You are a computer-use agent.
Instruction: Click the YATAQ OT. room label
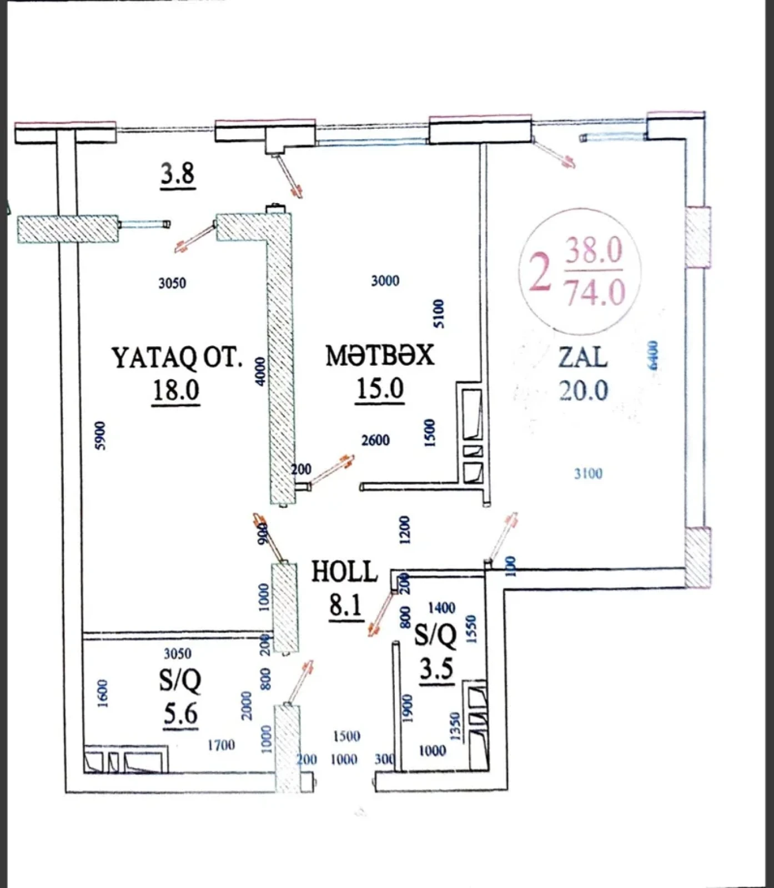point(177,358)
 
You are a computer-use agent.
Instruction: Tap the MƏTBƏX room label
point(380,356)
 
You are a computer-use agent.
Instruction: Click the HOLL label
point(344,572)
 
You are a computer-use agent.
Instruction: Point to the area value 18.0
point(176,390)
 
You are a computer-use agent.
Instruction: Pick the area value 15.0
point(380,389)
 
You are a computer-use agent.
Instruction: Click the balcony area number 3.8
point(178,174)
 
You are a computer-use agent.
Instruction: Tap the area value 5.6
point(181,714)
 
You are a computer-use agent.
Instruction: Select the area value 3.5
point(436,669)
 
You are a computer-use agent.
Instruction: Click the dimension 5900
point(99,436)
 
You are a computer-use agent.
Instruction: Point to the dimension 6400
point(653,355)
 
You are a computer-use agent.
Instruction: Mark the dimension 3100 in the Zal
point(588,473)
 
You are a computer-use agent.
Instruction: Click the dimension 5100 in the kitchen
point(439,314)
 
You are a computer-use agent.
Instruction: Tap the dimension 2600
point(375,441)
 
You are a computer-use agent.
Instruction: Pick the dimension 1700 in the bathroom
point(221,745)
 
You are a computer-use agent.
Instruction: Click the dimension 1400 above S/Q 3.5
point(441,608)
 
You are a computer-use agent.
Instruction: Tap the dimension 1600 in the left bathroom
point(103,693)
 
